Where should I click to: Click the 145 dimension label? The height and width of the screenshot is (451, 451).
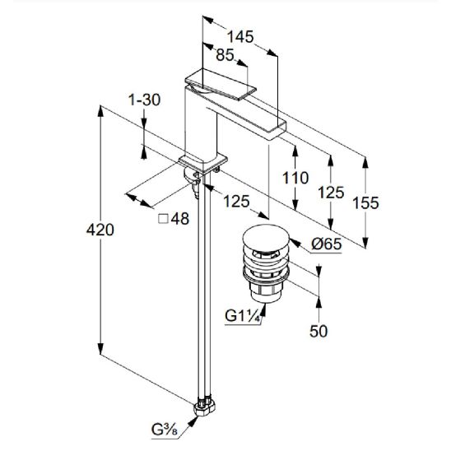[x=240, y=37]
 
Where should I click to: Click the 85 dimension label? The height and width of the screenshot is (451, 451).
[x=225, y=54]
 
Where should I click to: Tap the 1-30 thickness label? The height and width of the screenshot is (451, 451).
[x=144, y=100]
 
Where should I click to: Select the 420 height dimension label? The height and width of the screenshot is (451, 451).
[x=100, y=230]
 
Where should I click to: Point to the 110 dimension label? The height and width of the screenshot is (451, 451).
[x=295, y=178]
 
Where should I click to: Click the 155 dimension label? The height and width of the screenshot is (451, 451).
[x=365, y=203]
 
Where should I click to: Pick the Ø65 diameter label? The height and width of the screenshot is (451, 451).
[x=327, y=244]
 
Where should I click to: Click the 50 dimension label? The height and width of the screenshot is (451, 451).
[x=318, y=332]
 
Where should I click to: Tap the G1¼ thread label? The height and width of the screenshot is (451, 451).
[x=243, y=316]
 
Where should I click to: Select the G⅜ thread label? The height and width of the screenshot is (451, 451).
[x=165, y=430]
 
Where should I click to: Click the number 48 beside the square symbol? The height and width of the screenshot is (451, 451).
[x=180, y=219]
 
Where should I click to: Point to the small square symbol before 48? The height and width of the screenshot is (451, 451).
[x=163, y=219]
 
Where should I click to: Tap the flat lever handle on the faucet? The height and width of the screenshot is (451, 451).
[x=221, y=84]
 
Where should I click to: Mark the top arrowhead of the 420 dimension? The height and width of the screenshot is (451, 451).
[x=100, y=111]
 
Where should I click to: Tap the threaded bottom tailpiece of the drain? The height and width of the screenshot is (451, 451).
[x=265, y=291]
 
